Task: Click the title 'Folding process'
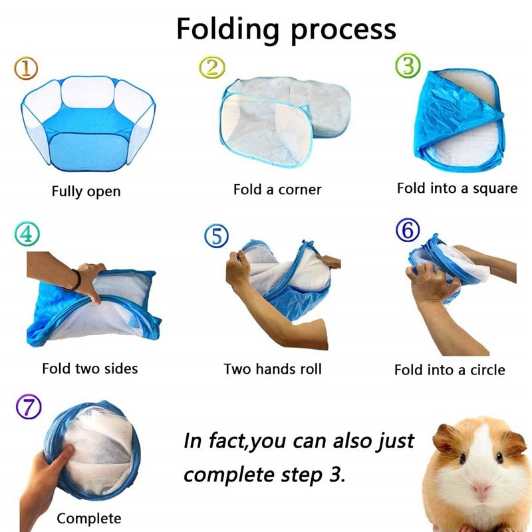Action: pyautogui.click(x=286, y=29)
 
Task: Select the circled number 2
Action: pyautogui.click(x=212, y=67)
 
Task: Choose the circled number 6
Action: pyautogui.click(x=407, y=231)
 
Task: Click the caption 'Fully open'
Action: pyautogui.click(x=86, y=192)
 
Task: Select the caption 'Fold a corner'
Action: pyautogui.click(x=277, y=190)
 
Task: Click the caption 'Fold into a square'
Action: pyautogui.click(x=457, y=188)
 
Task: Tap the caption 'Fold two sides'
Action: pyautogui.click(x=90, y=368)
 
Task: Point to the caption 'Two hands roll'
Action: pyautogui.click(x=273, y=368)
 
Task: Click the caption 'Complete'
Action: pyautogui.click(x=89, y=518)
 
